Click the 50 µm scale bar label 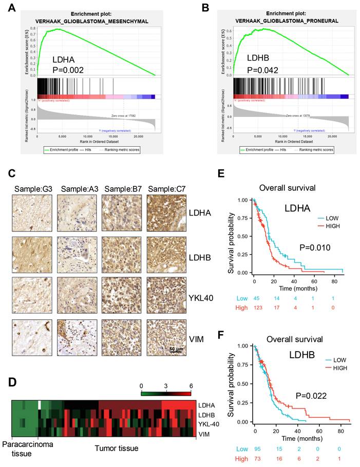176,349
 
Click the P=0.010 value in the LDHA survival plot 314,248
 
